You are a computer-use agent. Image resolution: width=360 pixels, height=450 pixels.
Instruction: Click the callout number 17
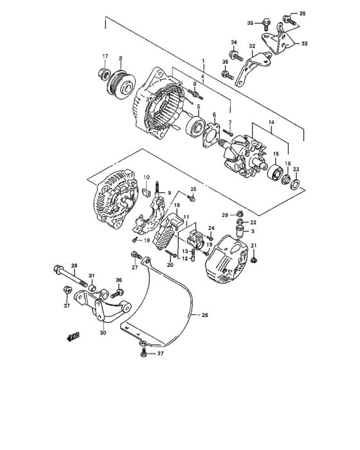(105, 57)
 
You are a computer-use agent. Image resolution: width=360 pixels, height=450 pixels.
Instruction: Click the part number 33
(304, 44)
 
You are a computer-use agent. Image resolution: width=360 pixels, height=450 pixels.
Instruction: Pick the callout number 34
(235, 42)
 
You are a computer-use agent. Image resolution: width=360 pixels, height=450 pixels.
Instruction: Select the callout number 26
(205, 316)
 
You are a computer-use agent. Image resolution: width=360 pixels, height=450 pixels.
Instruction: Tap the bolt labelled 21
(254, 259)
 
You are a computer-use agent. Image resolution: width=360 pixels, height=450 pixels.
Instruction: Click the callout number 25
(191, 189)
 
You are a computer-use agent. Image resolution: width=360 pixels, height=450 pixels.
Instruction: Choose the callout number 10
(147, 177)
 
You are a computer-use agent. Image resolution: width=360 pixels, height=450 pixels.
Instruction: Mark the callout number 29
(226, 213)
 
